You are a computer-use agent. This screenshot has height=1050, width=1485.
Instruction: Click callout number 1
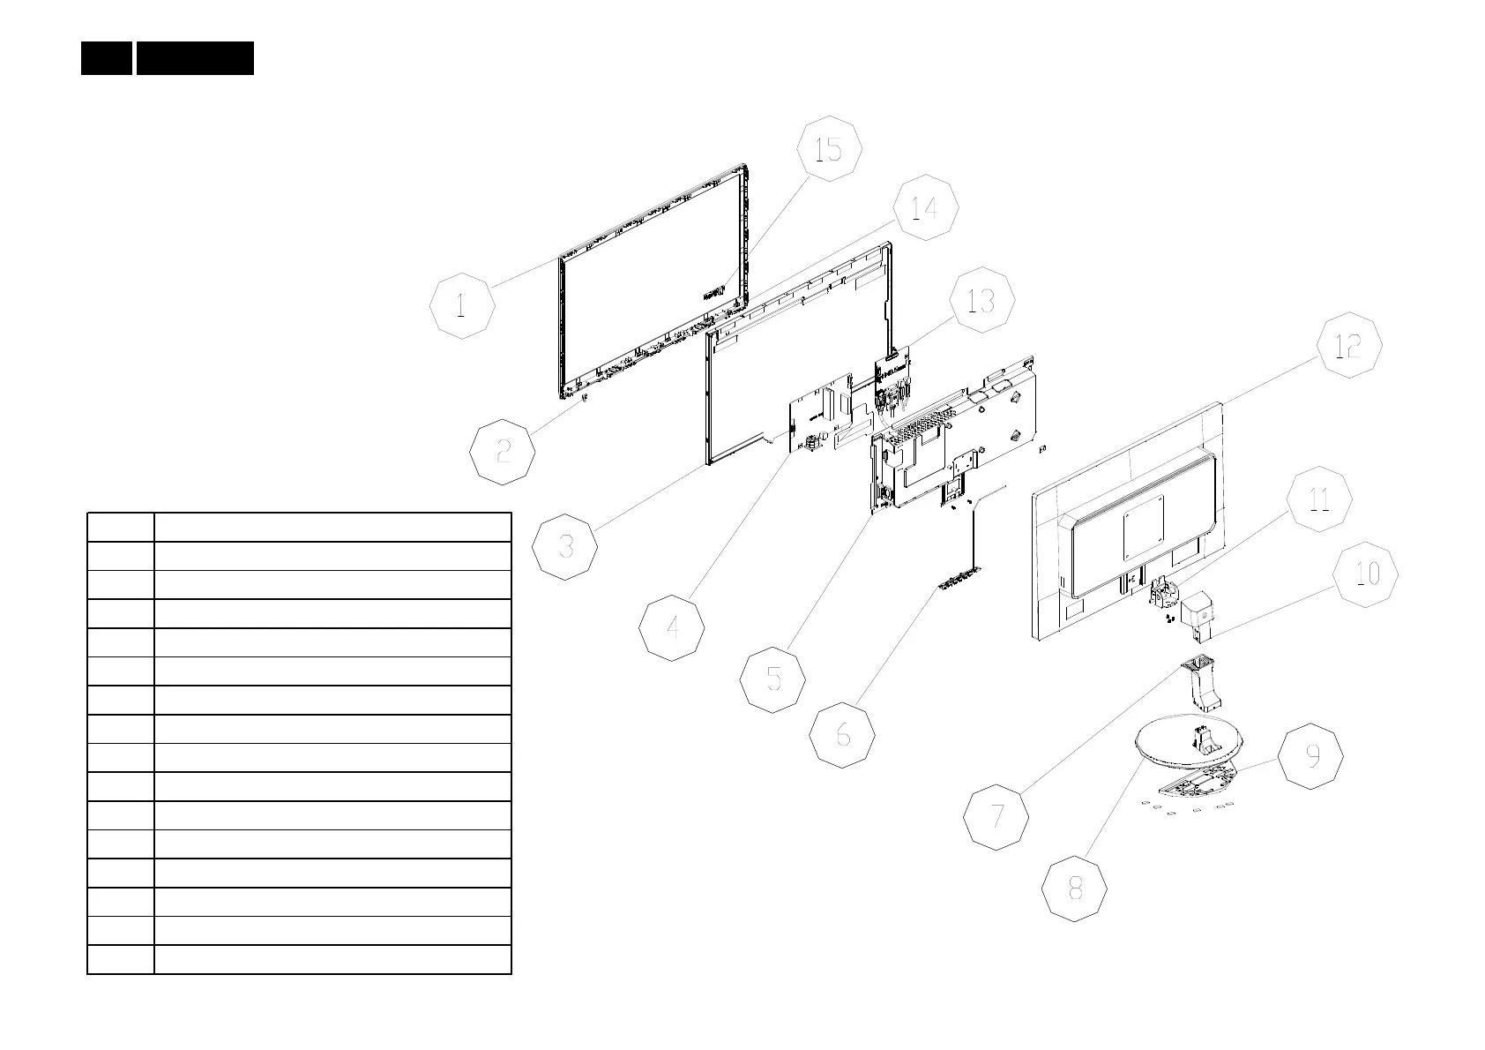462,307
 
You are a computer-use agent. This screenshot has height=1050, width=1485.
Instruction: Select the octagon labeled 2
503,452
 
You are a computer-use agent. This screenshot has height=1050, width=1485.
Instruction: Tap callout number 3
565,547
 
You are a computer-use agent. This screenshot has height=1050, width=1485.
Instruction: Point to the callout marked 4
672,628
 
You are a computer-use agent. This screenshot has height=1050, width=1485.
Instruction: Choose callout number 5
773,679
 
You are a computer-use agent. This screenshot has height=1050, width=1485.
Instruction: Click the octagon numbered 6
843,734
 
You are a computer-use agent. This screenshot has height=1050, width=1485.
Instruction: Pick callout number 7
996,817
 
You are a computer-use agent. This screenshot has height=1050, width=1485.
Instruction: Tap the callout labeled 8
1074,889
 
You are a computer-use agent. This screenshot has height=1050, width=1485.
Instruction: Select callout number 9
1311,756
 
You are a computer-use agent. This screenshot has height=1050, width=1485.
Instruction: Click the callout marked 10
1365,574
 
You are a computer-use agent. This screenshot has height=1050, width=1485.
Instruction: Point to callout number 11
1318,499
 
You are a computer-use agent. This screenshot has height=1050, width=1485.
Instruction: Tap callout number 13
981,301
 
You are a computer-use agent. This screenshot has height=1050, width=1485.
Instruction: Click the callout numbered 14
924,209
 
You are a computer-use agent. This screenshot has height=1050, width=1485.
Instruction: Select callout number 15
829,149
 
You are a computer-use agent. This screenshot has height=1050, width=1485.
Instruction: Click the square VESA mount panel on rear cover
1144,526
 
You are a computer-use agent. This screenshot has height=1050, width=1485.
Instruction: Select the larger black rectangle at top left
195,58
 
